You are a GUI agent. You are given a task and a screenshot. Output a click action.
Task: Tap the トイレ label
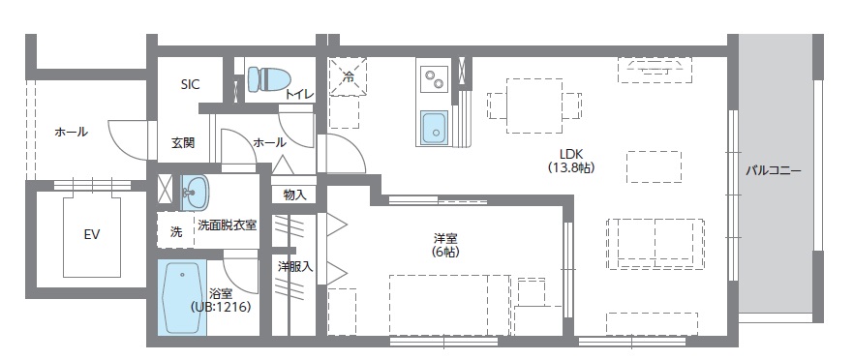[298, 94]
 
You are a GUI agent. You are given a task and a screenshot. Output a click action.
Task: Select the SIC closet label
[190, 85]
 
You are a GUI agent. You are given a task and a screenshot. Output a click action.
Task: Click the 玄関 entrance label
[183, 142]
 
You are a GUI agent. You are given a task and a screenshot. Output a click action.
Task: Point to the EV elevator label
[92, 234]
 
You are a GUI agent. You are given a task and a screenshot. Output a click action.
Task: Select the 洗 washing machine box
[175, 231]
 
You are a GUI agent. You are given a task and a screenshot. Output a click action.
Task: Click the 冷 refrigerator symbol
[348, 77]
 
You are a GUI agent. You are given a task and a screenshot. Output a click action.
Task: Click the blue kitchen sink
[434, 127]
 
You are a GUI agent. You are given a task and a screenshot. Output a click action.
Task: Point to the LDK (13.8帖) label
[570, 160]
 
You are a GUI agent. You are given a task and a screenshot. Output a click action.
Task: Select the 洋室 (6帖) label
[445, 244]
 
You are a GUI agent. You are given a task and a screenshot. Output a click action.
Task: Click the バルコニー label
[773, 170]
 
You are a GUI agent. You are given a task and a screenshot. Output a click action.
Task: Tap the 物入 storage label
[294, 195]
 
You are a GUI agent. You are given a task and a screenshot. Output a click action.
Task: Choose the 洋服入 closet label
[294, 266]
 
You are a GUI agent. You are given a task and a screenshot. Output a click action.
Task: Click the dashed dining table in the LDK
[533, 105]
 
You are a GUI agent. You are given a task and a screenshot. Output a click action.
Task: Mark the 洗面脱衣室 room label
[227, 225]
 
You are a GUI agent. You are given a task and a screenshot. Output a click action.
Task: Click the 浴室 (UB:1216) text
[221, 300]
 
